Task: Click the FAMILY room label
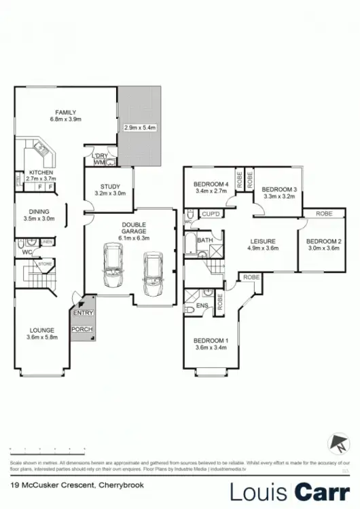[x=66, y=113]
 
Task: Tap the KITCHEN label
[x=41, y=172]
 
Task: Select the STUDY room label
[x=109, y=186]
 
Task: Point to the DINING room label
[x=38, y=211]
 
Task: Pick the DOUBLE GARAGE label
[x=134, y=227]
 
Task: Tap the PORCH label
[x=82, y=329]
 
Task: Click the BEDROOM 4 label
[x=211, y=184]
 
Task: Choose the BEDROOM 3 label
[x=279, y=189]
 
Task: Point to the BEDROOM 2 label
[x=323, y=242]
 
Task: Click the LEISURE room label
[x=262, y=241]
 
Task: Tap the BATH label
[x=204, y=240]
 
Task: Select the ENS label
[x=201, y=306]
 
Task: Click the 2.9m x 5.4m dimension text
[x=140, y=127]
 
